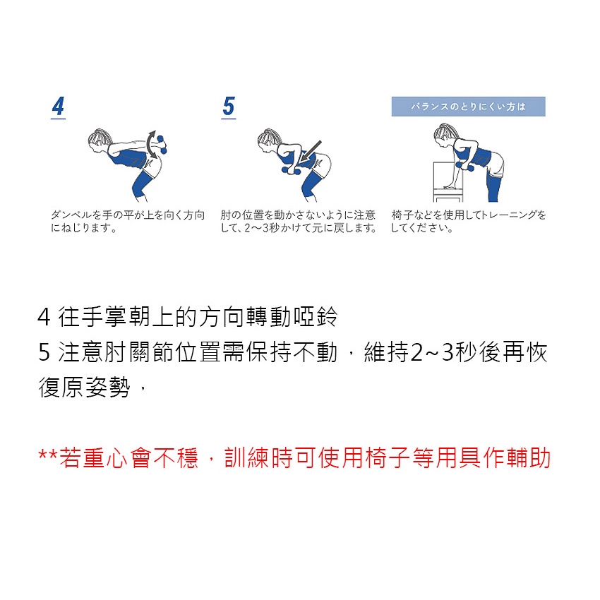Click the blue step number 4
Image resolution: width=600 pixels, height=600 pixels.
tap(58, 106)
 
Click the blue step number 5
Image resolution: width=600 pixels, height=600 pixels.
tap(229, 106)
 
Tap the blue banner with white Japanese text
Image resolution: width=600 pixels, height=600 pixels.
tap(468, 107)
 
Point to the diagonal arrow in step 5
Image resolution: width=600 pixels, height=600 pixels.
tap(310, 152)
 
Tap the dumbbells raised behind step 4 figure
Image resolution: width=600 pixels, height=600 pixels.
tap(162, 144)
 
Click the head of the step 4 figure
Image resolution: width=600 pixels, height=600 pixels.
tap(98, 139)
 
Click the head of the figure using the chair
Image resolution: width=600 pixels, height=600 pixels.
tap(445, 134)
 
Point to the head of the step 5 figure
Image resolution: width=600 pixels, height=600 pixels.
tap(268, 139)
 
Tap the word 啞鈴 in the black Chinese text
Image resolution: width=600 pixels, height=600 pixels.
tap(316, 317)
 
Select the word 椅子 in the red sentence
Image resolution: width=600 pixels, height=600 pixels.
tap(388, 457)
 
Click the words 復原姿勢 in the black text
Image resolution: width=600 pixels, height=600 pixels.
tap(84, 388)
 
